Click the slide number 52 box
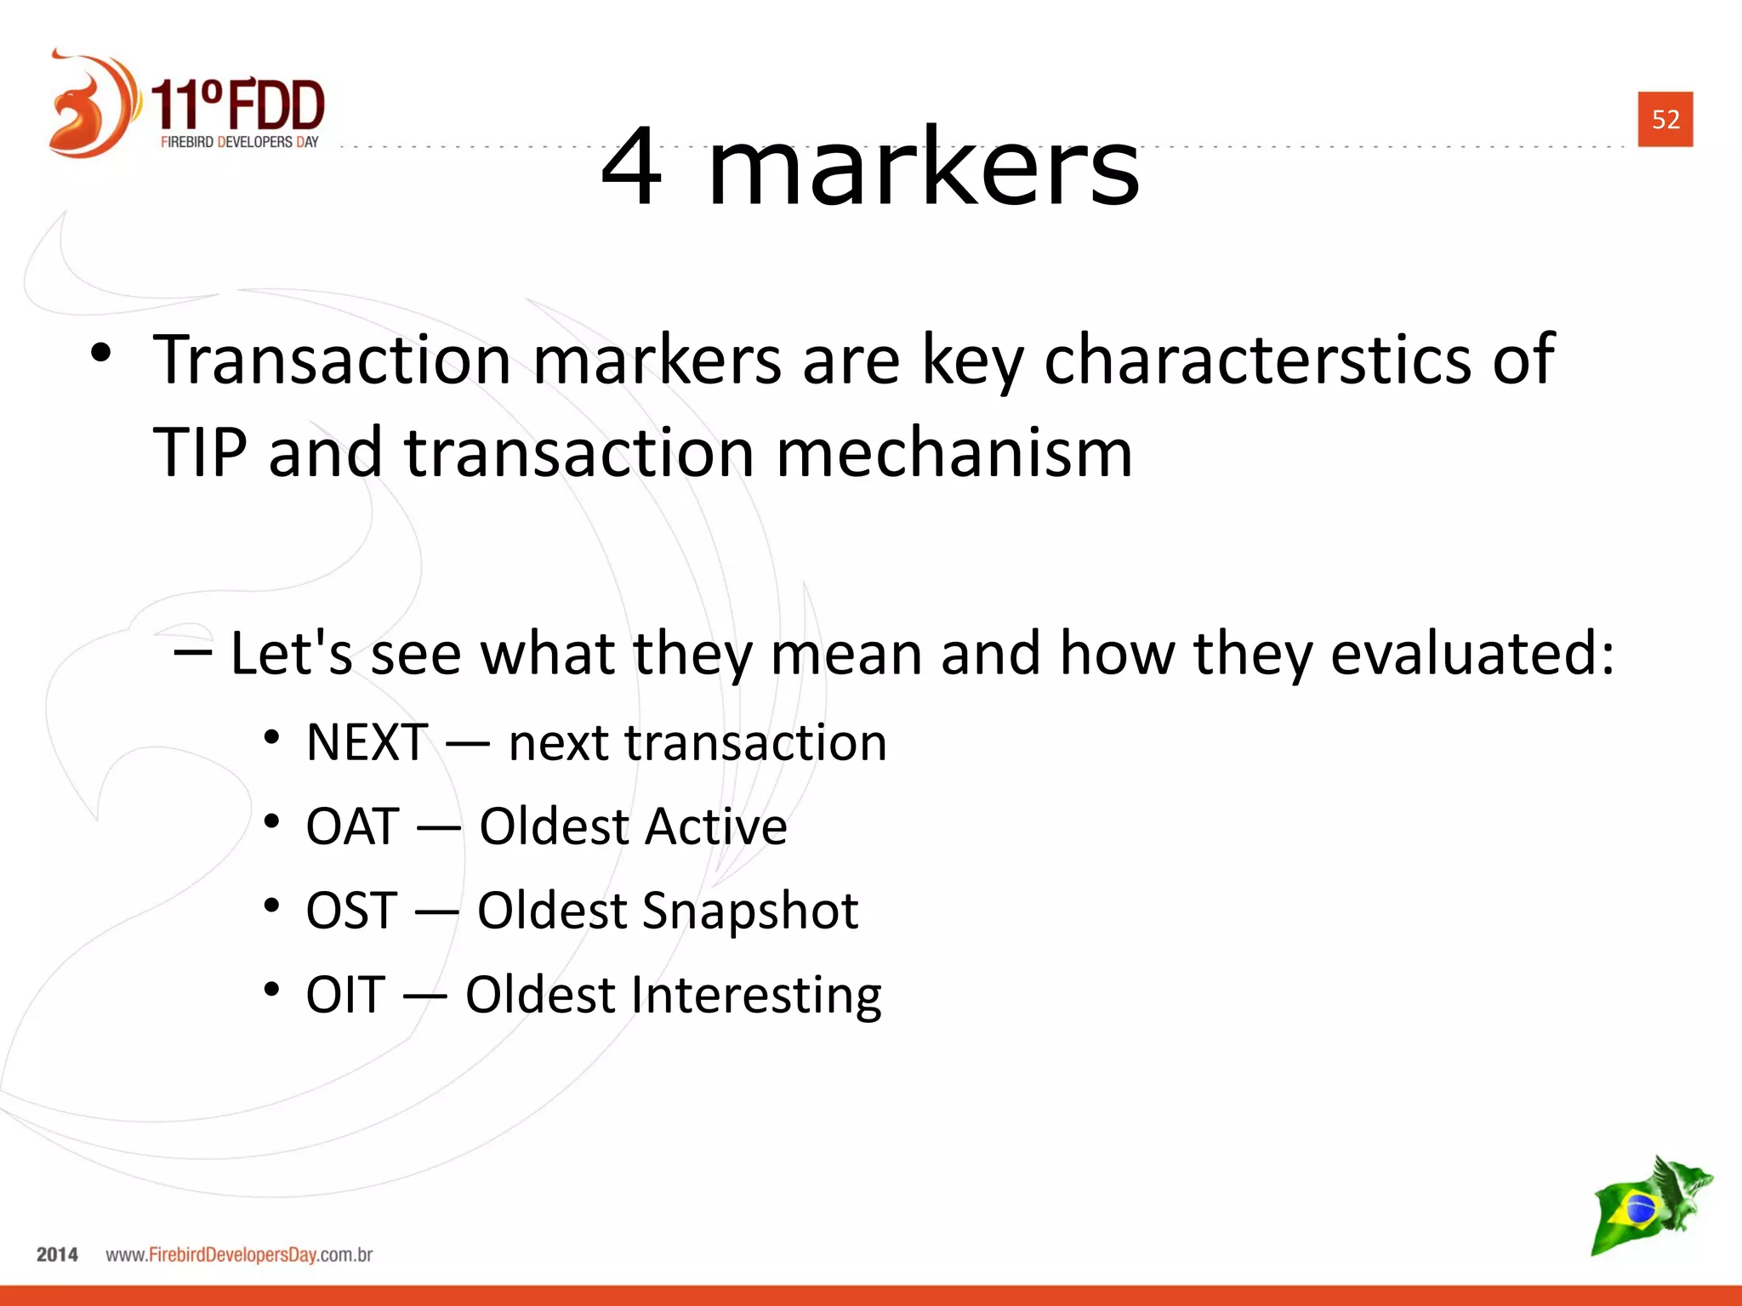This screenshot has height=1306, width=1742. (x=1665, y=119)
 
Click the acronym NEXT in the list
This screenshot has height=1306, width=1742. (x=367, y=742)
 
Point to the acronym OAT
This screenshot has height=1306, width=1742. (x=352, y=826)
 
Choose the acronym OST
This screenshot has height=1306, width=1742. (x=351, y=911)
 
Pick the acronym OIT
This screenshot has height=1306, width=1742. (x=345, y=995)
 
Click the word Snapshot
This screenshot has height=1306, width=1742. (x=751, y=911)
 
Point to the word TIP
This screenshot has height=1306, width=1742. (x=200, y=452)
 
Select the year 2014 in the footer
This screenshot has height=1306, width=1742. (x=57, y=1255)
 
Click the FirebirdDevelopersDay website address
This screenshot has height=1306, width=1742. (x=239, y=1255)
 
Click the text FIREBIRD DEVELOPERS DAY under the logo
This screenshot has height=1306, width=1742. (x=239, y=142)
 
